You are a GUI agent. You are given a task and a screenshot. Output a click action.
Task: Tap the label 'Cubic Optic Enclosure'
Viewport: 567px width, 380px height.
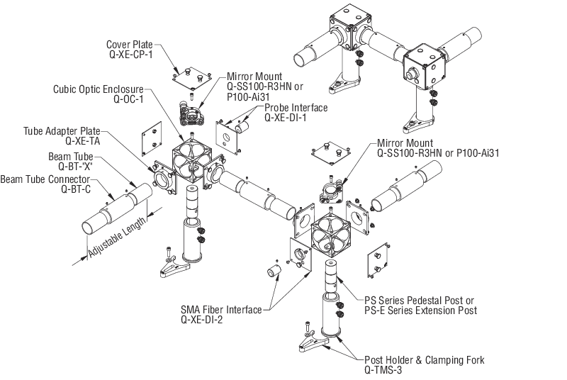[98, 90]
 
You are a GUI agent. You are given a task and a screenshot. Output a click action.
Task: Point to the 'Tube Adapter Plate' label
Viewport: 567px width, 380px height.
[60, 132]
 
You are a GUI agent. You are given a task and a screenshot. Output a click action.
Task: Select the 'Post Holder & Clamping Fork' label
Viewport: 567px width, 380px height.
[424, 360]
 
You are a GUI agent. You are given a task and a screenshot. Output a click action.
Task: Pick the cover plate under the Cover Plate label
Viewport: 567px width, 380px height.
[189, 74]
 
